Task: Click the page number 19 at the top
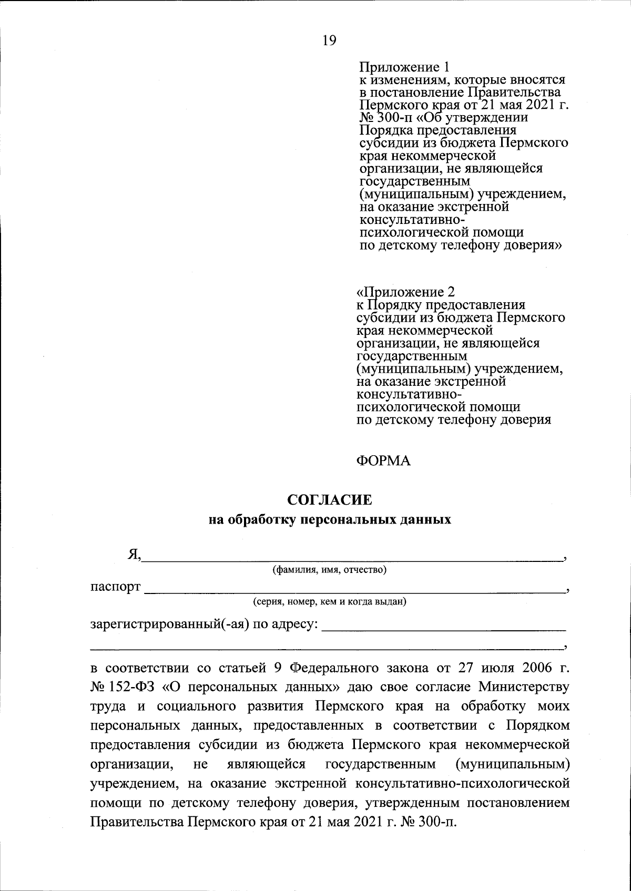[x=329, y=40]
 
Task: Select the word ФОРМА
[x=383, y=461]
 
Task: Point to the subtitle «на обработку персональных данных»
[x=330, y=520]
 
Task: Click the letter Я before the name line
[x=134, y=555]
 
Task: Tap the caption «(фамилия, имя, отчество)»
[x=329, y=570]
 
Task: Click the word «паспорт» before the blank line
[x=116, y=587]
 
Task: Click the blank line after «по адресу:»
[x=443, y=628]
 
